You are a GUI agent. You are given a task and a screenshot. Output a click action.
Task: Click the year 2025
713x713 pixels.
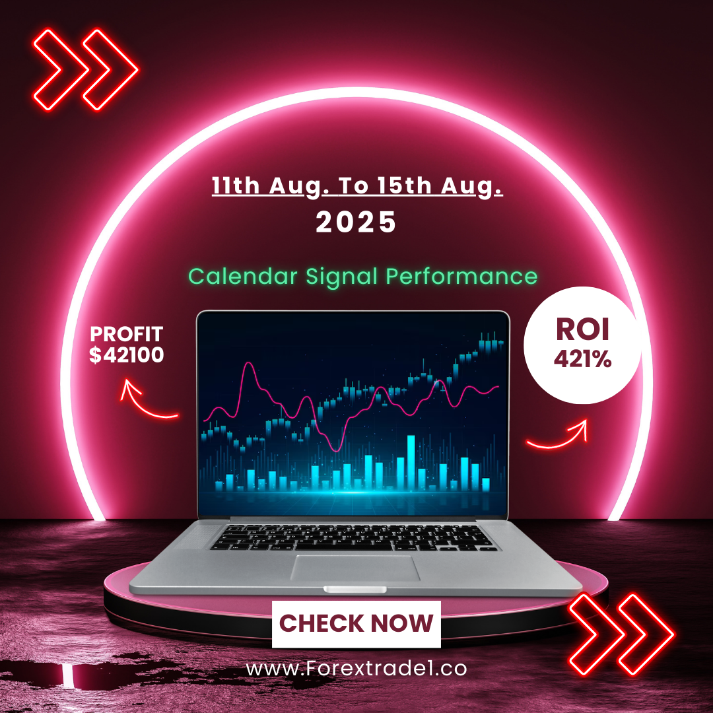point(356,222)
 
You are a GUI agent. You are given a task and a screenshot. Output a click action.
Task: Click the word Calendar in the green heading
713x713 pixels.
point(243,276)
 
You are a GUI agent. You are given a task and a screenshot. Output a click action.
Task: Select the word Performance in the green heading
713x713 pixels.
point(461,276)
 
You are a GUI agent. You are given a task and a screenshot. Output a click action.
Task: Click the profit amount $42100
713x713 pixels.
point(126,355)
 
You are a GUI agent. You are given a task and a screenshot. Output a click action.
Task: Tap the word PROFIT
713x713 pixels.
point(126,334)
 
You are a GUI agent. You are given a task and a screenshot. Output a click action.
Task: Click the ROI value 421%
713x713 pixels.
point(582,359)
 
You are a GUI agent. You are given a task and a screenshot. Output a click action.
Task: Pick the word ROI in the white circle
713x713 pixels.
point(582,329)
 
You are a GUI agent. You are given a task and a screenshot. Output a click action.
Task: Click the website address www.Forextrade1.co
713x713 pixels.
point(356,668)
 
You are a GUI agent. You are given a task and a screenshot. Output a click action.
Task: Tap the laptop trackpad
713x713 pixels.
point(355,568)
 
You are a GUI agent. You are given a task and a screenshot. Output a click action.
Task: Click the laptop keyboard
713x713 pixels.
point(354,537)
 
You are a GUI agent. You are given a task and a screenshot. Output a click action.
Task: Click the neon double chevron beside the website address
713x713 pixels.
point(621,634)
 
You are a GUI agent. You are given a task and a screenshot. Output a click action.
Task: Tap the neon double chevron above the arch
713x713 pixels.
point(85,69)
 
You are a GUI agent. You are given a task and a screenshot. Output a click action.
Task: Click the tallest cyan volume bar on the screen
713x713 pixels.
point(411,462)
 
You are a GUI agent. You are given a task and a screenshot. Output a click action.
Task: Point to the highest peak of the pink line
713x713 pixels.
point(248,363)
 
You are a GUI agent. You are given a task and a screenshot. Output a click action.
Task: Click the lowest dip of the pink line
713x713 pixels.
point(337,450)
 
